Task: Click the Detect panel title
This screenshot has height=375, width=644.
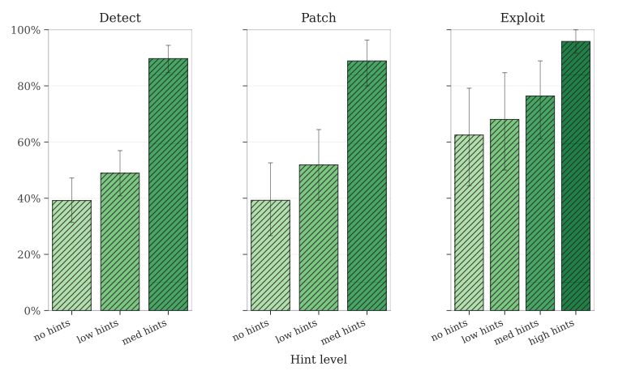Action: [120, 18]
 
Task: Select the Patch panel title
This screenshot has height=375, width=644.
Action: [318, 18]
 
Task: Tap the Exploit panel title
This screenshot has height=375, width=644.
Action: [522, 18]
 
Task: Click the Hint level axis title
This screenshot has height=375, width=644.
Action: [318, 360]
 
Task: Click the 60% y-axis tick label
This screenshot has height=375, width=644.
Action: [28, 143]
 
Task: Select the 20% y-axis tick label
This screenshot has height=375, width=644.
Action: [28, 254]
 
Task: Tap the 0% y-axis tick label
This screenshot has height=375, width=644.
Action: [32, 310]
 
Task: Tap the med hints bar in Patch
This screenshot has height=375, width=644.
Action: [367, 185]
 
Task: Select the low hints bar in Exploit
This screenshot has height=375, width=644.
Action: [504, 215]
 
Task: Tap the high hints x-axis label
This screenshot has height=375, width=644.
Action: [553, 331]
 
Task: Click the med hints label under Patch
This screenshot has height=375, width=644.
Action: [344, 331]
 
